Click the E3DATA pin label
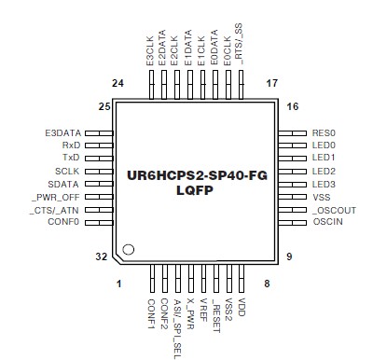pos(63,132)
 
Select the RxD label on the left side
pos(71,145)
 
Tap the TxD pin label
pos(72,158)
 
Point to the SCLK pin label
pos(68,171)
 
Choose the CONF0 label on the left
pos(64,221)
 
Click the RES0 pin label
pos(324,132)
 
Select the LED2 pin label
pos(324,171)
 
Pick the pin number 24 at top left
pos(117,84)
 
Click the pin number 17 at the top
pos(273,84)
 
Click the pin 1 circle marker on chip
pos(130,249)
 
